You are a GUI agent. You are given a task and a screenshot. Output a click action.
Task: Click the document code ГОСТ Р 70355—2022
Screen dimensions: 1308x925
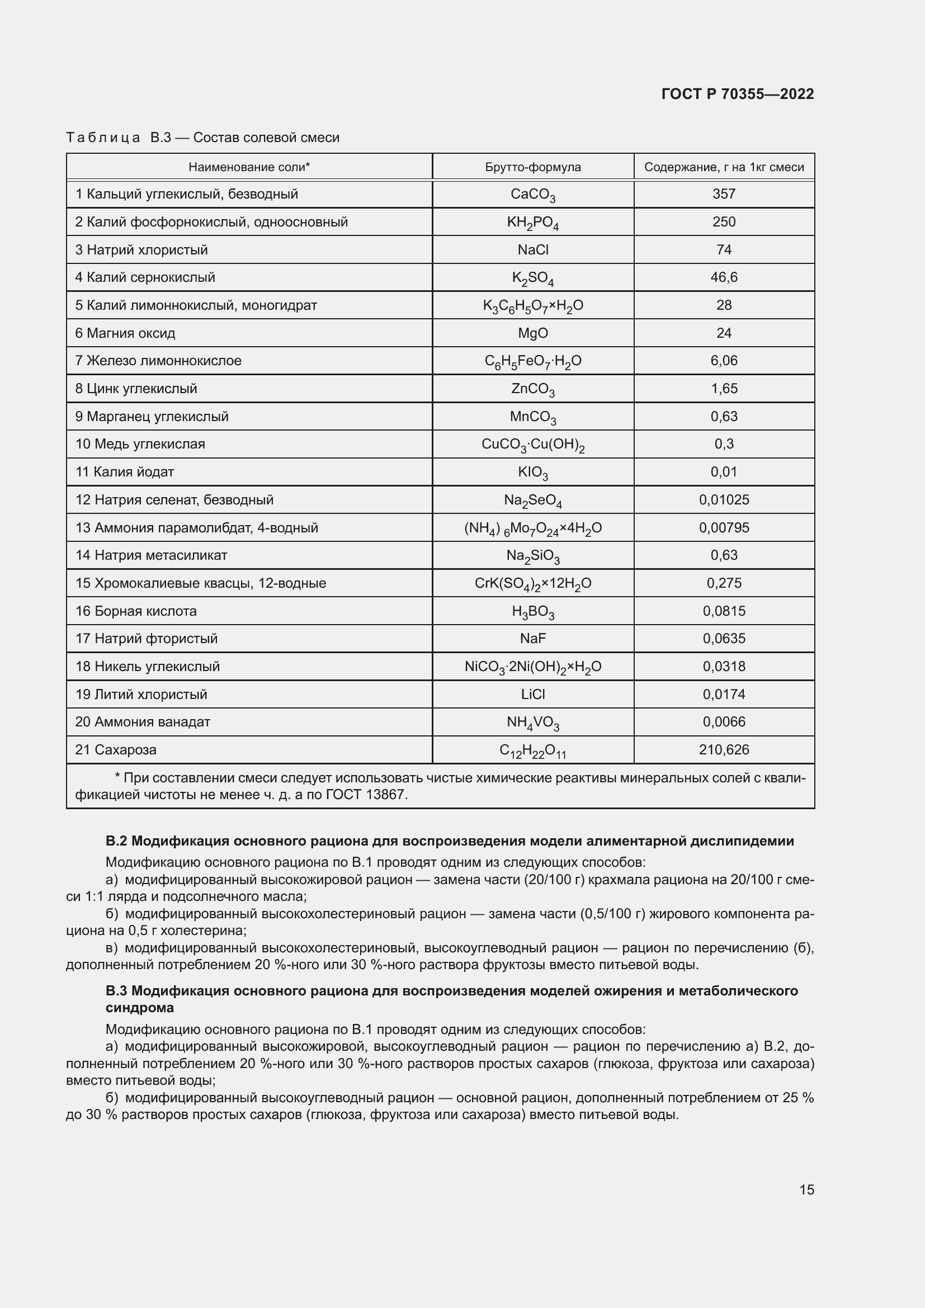pos(737,94)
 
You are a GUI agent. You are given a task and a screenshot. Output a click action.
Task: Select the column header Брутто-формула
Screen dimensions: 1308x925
pos(532,167)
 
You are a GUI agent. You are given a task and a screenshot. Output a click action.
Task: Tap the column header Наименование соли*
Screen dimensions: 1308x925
pos(249,167)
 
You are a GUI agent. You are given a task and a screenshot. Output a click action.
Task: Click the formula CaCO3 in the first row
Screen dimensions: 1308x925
pos(532,195)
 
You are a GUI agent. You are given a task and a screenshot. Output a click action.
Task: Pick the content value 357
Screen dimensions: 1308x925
pos(723,193)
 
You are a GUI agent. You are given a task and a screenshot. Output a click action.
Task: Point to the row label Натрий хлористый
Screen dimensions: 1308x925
pos(147,249)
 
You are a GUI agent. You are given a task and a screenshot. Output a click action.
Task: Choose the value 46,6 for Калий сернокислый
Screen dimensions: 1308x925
pos(723,277)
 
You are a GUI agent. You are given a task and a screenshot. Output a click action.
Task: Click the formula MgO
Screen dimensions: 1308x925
pos(532,333)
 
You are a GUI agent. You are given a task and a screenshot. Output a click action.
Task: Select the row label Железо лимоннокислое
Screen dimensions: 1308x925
pos(164,361)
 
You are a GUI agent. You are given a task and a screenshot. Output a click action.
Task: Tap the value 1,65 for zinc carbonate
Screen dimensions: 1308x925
pos(723,389)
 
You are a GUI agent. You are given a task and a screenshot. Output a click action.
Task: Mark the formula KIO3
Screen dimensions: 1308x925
pos(532,473)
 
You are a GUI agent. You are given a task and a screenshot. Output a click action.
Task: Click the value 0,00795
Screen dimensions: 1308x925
pos(723,527)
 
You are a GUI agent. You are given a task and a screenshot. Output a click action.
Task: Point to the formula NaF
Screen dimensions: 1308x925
pos(532,639)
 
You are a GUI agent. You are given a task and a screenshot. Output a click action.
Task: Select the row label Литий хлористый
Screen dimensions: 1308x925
pos(150,695)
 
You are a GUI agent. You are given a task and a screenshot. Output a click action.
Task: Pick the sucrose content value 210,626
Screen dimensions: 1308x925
pos(723,750)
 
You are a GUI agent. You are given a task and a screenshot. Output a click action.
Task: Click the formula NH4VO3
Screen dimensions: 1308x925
pos(532,723)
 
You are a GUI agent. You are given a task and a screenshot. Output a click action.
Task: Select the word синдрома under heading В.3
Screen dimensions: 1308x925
pos(140,1008)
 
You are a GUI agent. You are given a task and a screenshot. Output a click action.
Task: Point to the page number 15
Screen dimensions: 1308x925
pos(806,1190)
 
